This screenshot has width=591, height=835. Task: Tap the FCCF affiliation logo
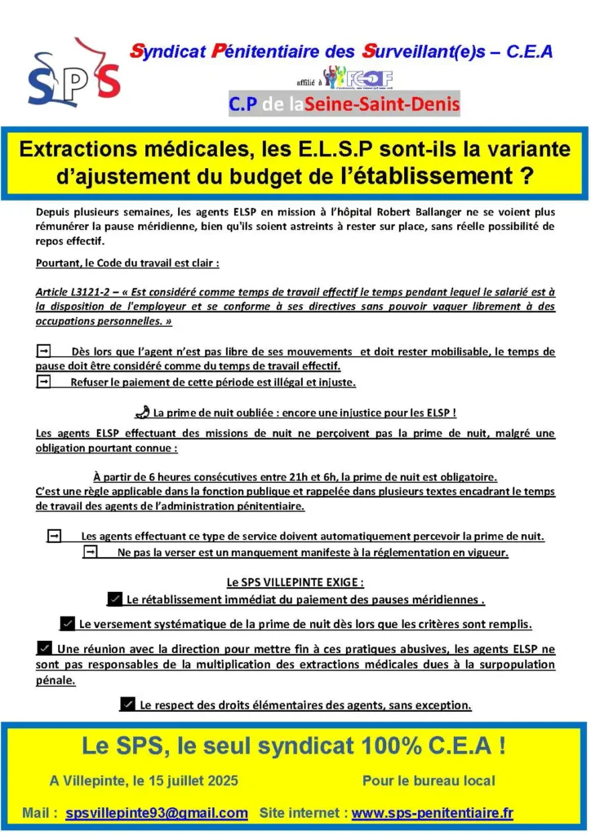[x=359, y=78]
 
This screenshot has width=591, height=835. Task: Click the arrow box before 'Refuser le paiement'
[x=44, y=382]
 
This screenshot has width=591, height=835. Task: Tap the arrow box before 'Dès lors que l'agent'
[x=44, y=351]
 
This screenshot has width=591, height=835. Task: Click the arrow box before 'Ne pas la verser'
[x=91, y=553]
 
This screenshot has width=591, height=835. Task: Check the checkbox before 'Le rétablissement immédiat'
[x=115, y=599]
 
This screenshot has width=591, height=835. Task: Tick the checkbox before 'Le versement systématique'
[x=68, y=624]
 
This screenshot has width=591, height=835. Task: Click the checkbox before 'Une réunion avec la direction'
[x=45, y=648]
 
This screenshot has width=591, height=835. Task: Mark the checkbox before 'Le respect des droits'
[x=127, y=704]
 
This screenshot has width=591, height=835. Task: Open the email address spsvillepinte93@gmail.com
[x=157, y=813]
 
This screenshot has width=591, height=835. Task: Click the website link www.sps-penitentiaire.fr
[x=433, y=813]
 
